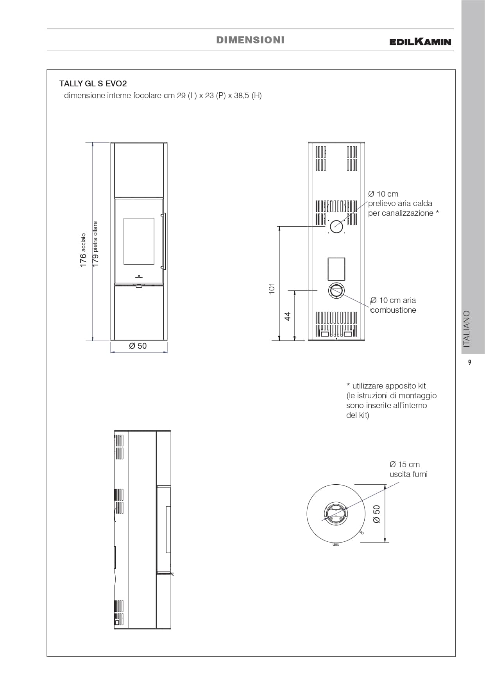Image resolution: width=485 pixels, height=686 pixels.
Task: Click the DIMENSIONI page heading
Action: point(250,40)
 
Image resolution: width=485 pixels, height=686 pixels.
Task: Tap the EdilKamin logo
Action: point(420,41)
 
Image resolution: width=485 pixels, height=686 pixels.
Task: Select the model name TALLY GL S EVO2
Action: point(93,84)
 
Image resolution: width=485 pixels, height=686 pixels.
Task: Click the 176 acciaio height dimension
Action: point(83,250)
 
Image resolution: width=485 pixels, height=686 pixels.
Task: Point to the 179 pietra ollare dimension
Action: point(95,244)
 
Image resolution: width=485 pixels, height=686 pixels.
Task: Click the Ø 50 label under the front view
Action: point(138,346)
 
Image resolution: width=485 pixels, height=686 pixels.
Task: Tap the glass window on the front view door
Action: point(139,241)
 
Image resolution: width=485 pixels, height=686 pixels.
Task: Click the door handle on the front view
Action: point(165,241)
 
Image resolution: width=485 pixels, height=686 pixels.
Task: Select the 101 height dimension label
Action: point(272,288)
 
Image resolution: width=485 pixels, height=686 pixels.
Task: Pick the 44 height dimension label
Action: point(288,316)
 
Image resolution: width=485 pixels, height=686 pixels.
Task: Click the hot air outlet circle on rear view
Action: point(336,226)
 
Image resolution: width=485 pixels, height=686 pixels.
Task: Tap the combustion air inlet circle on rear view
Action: point(336,291)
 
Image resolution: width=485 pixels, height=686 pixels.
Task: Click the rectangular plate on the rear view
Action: point(336,269)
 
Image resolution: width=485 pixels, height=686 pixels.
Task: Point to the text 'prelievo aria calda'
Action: point(400,203)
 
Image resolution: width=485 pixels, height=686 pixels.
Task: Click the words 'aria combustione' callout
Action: point(394,305)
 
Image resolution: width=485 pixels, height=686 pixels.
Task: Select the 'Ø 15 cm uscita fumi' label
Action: point(408,469)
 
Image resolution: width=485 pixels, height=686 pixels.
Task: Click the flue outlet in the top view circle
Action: point(335,514)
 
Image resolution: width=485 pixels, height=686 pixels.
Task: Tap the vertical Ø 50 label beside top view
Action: point(376,514)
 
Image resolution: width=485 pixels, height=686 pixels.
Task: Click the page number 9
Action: point(470,362)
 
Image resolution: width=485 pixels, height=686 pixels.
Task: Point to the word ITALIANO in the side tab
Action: point(467,329)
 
